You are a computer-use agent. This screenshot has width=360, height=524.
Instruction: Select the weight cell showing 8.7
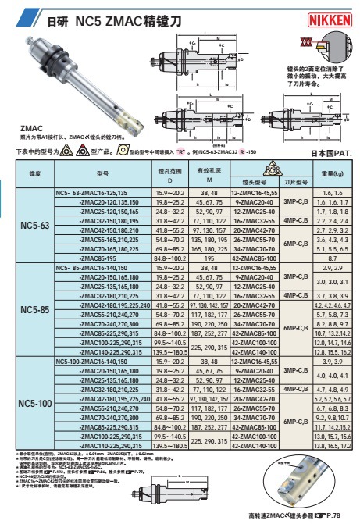(x=333, y=257)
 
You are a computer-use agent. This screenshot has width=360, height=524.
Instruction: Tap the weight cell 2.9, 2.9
(x=333, y=267)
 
